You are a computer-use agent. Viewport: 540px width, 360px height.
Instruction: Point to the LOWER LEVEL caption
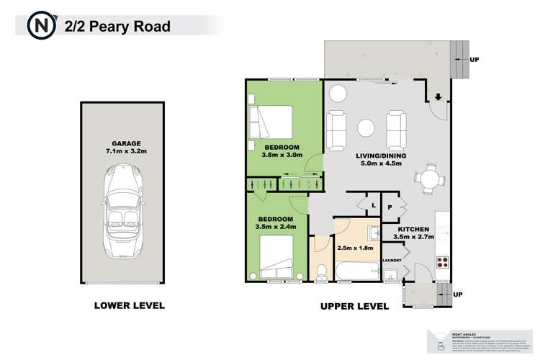(130, 305)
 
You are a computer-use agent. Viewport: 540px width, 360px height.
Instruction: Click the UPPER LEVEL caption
(354, 306)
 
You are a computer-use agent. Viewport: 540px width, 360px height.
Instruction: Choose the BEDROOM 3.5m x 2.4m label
(275, 222)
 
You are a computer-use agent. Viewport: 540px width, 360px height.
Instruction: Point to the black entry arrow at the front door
(438, 99)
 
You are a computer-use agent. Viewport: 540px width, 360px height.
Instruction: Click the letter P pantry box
(390, 207)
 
